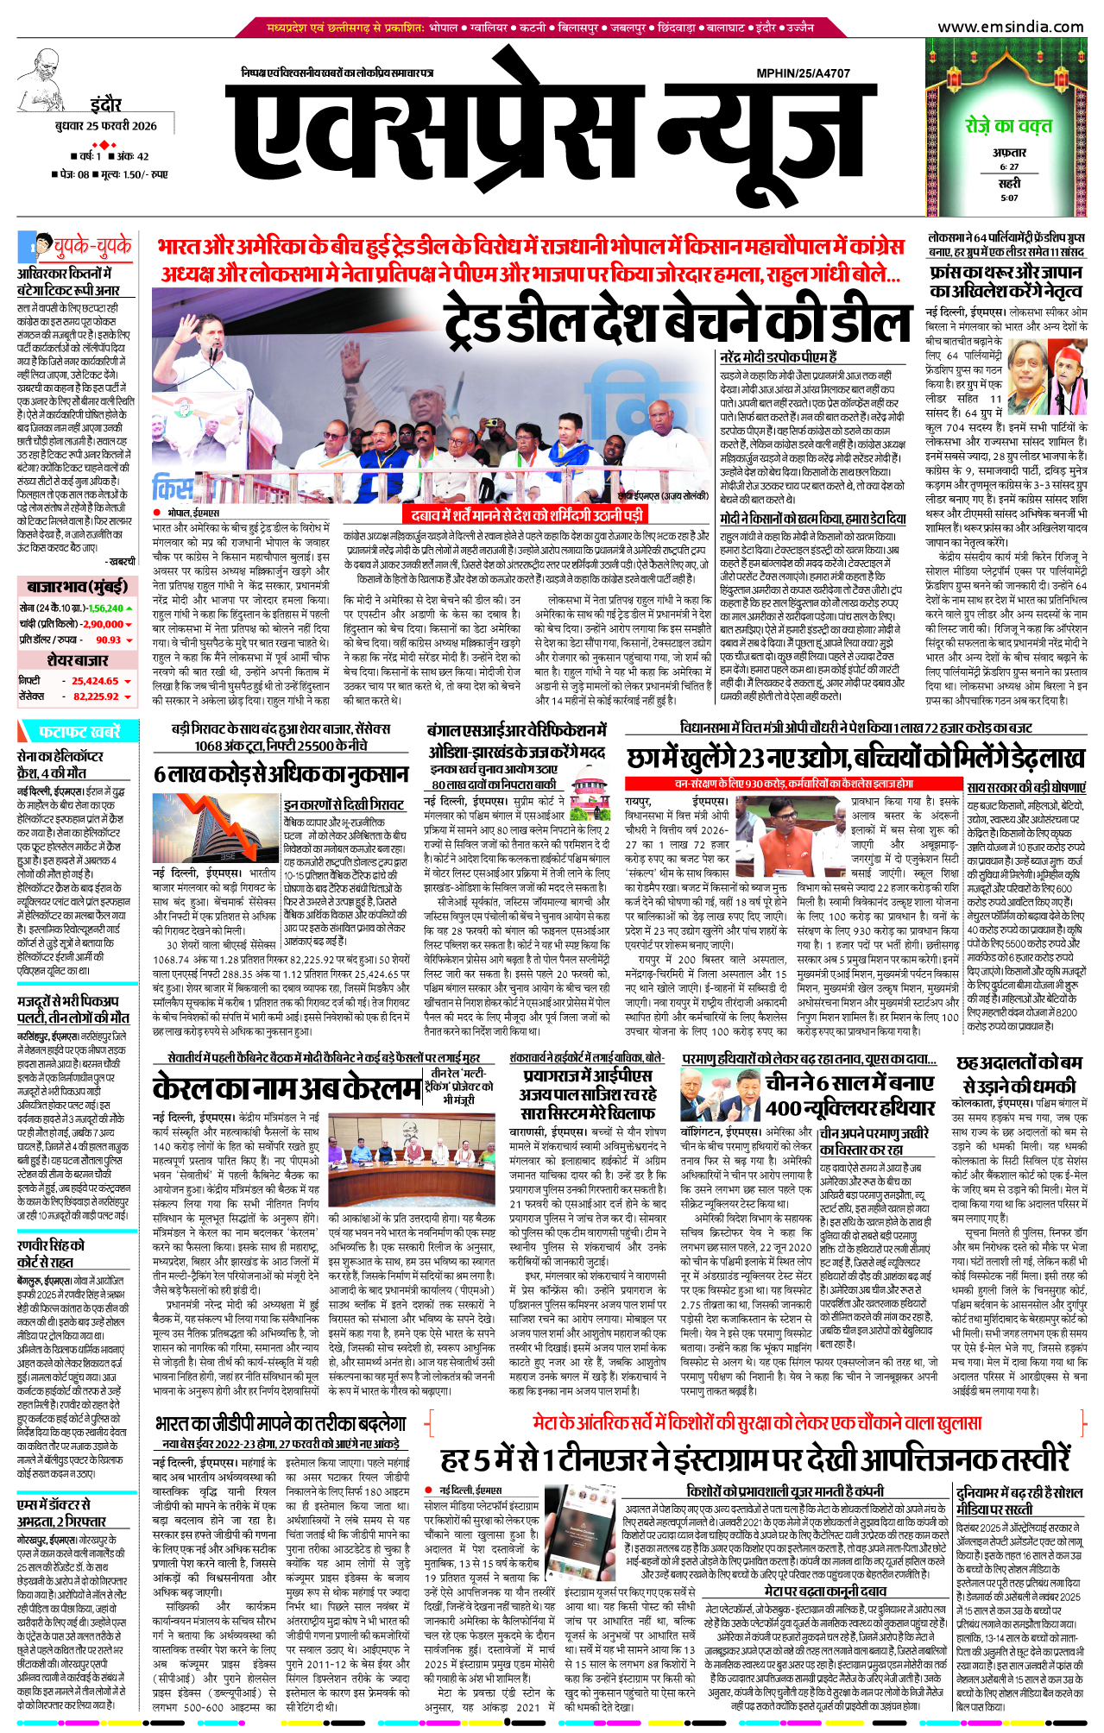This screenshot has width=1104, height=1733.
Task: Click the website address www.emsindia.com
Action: (1011, 27)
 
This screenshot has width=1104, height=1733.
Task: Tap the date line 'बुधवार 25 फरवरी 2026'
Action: (105, 126)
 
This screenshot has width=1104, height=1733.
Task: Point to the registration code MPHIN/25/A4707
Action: (803, 73)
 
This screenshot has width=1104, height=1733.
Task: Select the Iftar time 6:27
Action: (1009, 167)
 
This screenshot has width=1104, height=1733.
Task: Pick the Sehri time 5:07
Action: (1009, 198)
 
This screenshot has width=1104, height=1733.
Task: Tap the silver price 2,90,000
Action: (102, 624)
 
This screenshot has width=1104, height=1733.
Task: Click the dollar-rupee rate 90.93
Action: (108, 640)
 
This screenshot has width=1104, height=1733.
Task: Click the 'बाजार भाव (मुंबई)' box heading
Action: (77, 587)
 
